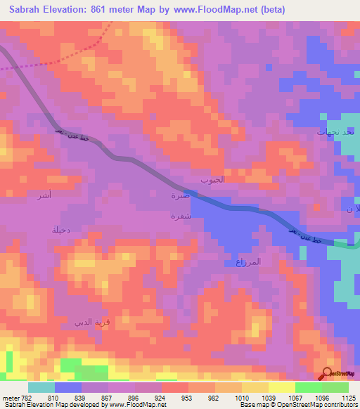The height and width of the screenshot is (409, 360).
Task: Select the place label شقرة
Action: click(x=181, y=216)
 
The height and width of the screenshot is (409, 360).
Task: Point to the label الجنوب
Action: click(x=213, y=180)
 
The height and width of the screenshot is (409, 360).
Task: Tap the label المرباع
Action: click(x=245, y=261)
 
